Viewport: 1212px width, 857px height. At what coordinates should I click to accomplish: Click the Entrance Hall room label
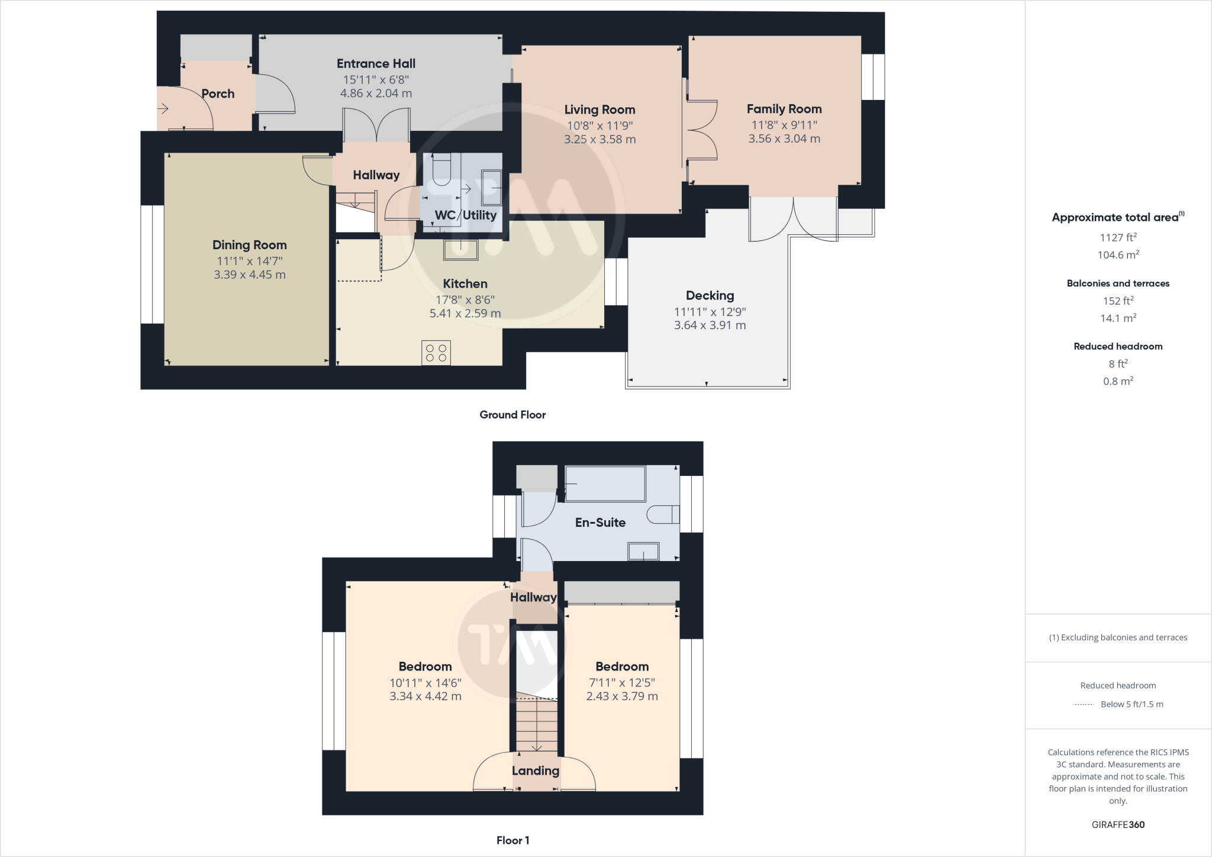(376, 63)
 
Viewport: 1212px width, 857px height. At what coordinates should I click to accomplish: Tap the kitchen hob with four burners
(436, 353)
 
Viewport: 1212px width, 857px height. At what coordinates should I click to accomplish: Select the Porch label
(218, 94)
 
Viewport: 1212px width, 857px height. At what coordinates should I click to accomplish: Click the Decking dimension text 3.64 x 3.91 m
(710, 325)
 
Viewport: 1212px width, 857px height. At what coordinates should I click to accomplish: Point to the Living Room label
(599, 109)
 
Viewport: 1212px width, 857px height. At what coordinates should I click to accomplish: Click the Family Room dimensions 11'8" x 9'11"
(784, 125)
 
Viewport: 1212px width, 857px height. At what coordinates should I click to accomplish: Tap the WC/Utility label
(465, 215)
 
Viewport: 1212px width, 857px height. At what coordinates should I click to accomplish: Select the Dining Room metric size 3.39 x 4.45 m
(250, 275)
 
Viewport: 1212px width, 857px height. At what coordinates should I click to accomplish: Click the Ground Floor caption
(512, 415)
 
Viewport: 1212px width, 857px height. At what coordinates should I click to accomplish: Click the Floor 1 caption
(512, 840)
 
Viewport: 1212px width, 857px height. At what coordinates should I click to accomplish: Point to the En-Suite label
(600, 523)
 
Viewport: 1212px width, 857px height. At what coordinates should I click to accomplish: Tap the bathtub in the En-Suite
(605, 484)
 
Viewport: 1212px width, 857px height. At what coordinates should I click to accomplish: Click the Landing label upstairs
(535, 771)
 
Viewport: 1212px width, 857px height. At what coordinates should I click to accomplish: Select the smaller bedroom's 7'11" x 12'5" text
(622, 682)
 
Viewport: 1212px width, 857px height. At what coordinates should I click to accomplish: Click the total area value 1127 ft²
(1118, 237)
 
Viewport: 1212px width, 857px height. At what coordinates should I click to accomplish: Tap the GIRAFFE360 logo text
(1118, 824)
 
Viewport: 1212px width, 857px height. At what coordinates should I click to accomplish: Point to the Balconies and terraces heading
(1118, 283)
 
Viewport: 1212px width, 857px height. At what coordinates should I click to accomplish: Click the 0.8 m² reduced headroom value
(1118, 381)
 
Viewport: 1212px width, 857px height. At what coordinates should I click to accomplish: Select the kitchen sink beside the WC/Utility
(460, 250)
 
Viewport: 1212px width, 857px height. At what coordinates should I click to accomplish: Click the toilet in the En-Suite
(663, 514)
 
